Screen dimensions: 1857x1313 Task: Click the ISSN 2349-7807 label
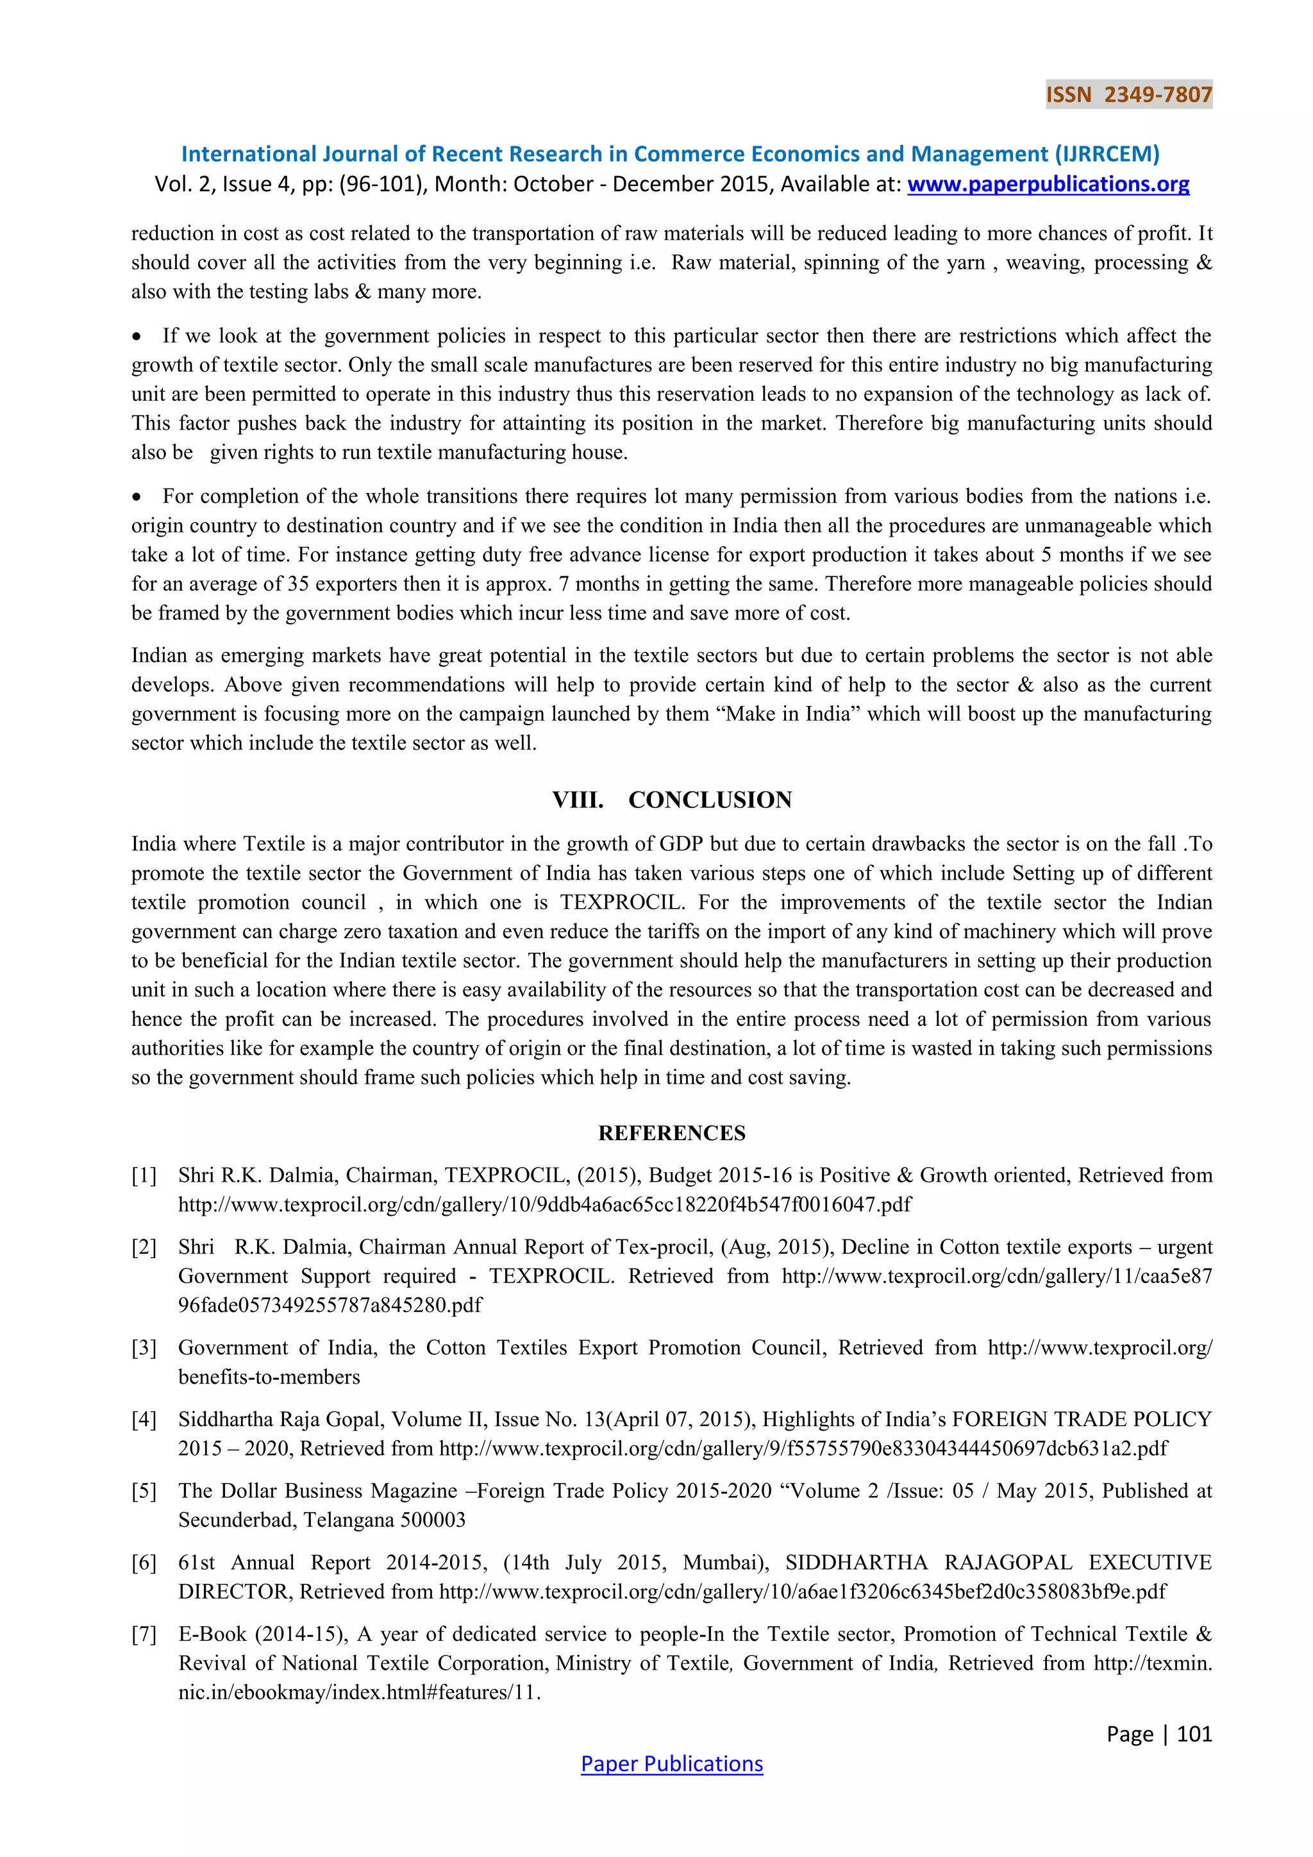click(1128, 95)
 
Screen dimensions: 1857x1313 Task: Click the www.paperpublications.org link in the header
click(1048, 185)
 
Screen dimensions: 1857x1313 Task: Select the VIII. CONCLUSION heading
click(672, 800)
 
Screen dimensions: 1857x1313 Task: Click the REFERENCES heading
click(672, 1133)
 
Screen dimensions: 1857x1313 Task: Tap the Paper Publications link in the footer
click(672, 1764)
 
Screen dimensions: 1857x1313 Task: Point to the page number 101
click(1194, 1734)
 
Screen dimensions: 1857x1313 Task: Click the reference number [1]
click(144, 1175)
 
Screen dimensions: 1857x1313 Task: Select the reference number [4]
click(144, 1420)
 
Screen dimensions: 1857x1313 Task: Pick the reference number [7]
click(144, 1634)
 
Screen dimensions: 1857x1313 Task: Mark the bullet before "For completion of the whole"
click(137, 496)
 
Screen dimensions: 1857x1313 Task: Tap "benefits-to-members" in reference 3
click(269, 1377)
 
